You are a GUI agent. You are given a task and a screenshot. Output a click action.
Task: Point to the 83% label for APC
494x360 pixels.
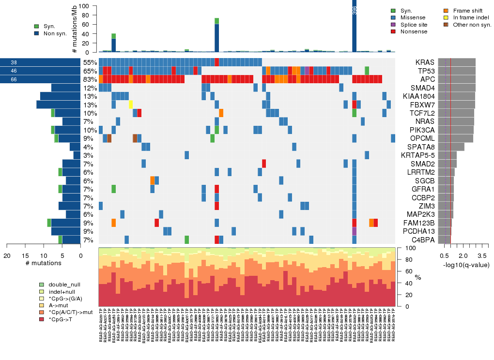(x=90, y=80)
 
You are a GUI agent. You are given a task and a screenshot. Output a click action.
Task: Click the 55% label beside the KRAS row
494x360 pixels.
(x=90, y=62)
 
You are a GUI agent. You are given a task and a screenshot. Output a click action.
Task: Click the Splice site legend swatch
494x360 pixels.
(x=393, y=24)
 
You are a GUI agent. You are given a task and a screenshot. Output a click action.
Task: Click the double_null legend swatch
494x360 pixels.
(x=42, y=285)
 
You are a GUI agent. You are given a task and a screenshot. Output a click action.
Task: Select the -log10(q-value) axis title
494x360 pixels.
(x=465, y=265)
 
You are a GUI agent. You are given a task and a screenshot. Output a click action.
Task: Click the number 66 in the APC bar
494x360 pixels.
(x=14, y=80)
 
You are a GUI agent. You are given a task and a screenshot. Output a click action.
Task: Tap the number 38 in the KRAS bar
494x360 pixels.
(x=14, y=62)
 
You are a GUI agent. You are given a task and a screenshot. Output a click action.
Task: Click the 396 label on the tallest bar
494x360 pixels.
(x=355, y=10)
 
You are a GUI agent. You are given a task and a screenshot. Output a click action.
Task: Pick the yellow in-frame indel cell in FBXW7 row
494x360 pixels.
(x=131, y=105)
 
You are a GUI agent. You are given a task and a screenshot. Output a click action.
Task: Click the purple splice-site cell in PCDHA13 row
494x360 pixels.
(x=355, y=231)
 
